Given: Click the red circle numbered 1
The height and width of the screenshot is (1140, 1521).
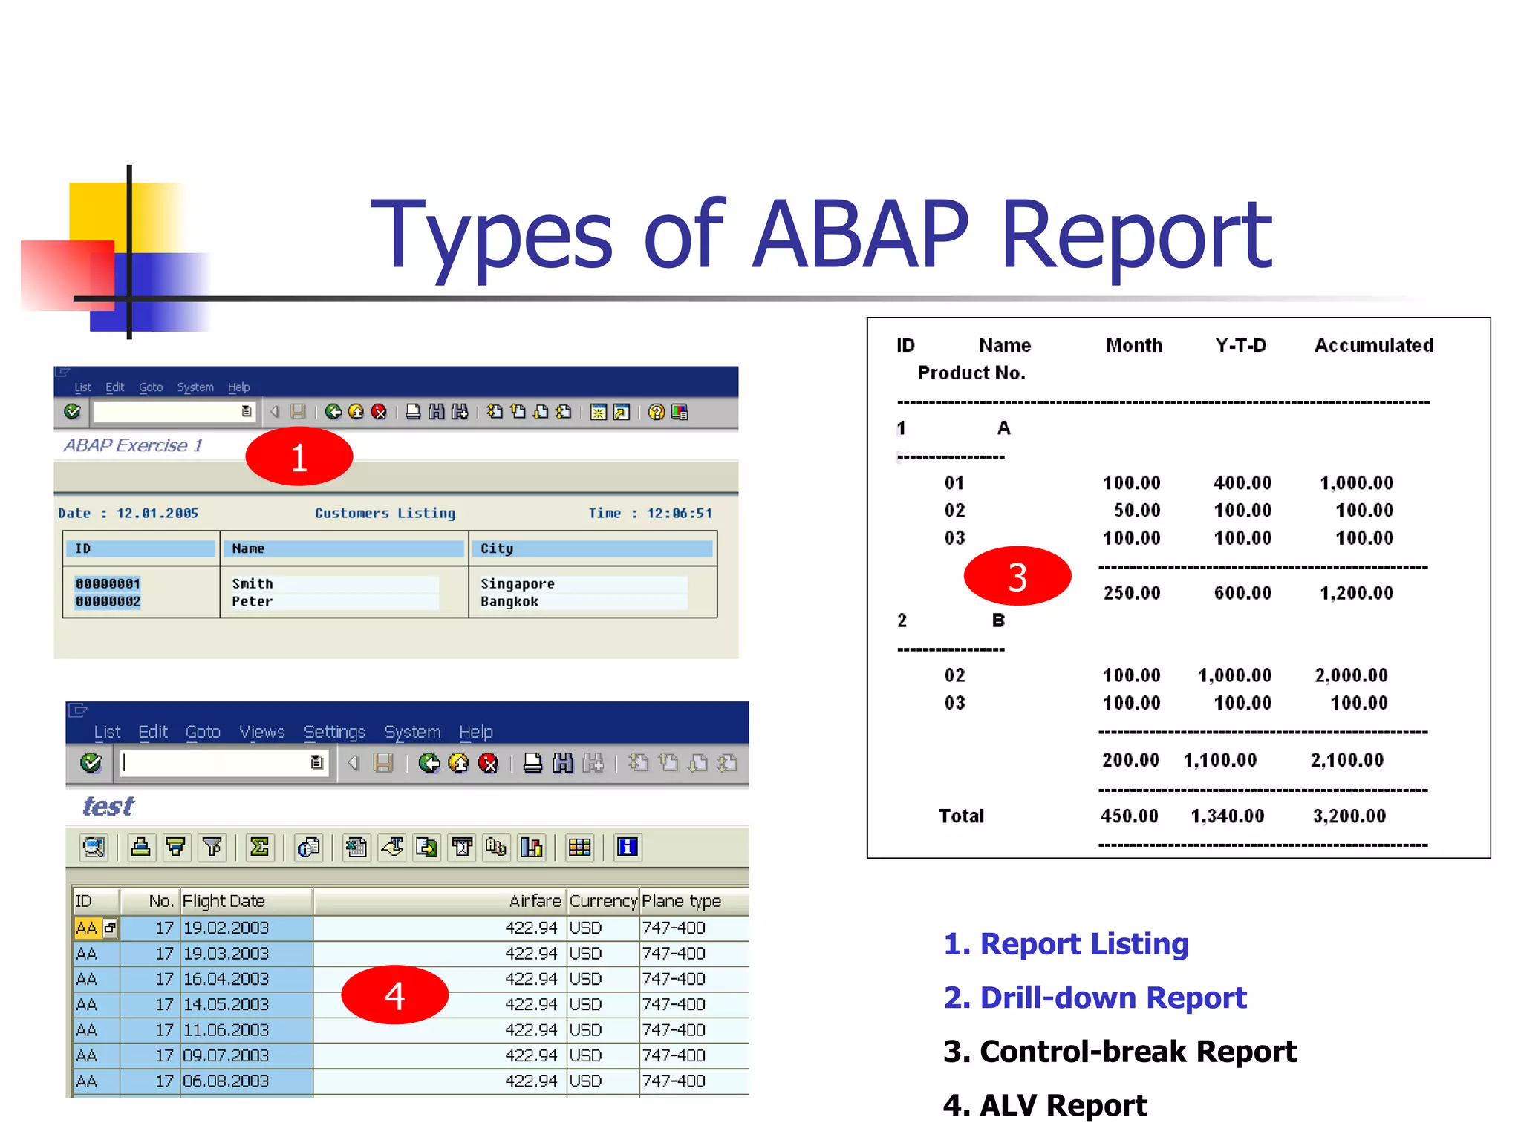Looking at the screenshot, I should point(299,456).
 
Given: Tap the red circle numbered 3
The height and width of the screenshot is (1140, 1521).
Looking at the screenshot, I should point(1017,577).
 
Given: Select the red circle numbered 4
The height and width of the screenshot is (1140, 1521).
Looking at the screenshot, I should point(394,995).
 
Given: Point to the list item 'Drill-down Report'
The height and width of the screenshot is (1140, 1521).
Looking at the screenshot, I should point(1095,997).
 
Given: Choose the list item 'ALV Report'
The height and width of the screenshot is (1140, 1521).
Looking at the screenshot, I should point(1045,1105).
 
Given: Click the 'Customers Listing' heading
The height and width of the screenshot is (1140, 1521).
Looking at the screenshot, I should point(385,513).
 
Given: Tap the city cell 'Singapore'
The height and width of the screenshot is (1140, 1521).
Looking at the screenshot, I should point(517,583).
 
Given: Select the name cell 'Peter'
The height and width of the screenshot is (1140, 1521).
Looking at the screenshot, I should point(252,601).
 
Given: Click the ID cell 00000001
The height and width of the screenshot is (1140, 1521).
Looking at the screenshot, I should point(108,583).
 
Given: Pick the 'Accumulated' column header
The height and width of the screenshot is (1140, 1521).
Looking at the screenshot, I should point(1373,345).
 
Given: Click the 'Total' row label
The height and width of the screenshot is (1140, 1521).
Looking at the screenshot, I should point(961,816).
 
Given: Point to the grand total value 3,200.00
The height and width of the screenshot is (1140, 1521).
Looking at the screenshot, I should point(1349,816).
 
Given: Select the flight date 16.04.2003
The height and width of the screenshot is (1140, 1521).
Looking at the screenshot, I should point(226,979).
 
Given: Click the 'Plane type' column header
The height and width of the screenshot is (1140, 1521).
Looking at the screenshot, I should point(681,901).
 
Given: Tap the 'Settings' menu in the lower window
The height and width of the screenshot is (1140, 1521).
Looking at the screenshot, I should point(334,732).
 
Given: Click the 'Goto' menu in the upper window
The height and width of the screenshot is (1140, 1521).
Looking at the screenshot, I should point(151,387).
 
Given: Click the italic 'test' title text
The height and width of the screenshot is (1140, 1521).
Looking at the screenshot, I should point(108,806).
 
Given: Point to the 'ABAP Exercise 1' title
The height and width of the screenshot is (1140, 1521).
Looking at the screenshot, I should point(133,445).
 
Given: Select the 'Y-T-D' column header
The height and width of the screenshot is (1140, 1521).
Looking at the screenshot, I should point(1240,345).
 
